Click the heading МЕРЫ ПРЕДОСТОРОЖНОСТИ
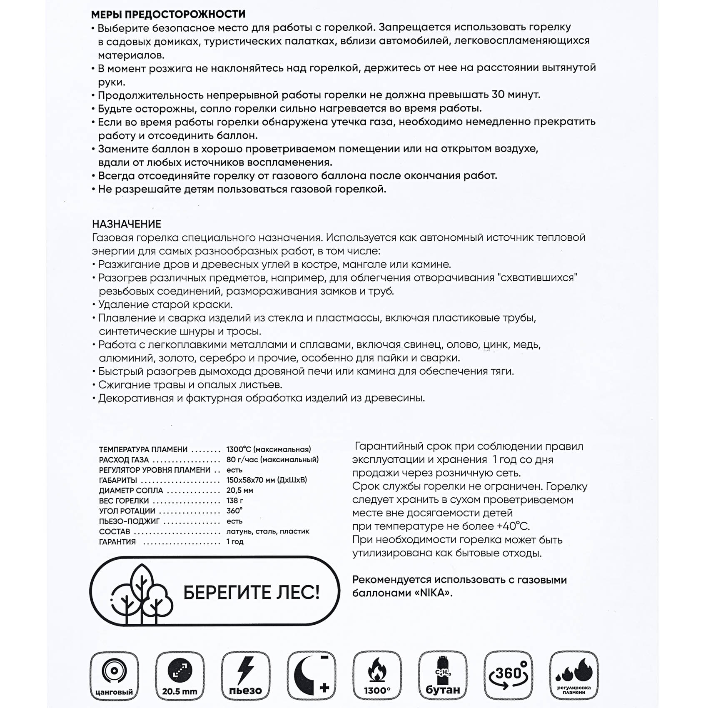(x=168, y=14)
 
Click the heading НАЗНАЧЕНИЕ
(x=127, y=224)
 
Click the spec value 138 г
(x=235, y=501)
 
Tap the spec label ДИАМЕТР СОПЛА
(x=131, y=491)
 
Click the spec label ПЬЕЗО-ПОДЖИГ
(x=130, y=521)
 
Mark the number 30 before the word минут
(x=499, y=95)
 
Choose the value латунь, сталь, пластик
(x=268, y=531)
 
